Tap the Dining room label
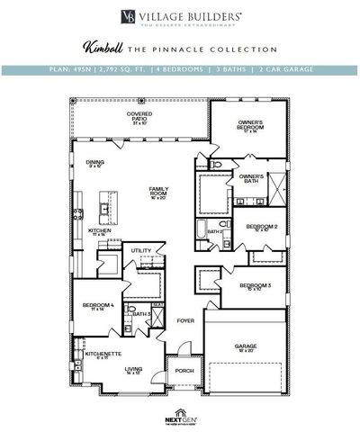coord(95,163)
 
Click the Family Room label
coord(158,191)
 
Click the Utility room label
coord(140,250)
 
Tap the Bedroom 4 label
coord(99,307)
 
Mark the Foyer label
coord(185,320)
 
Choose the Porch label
coord(183,372)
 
